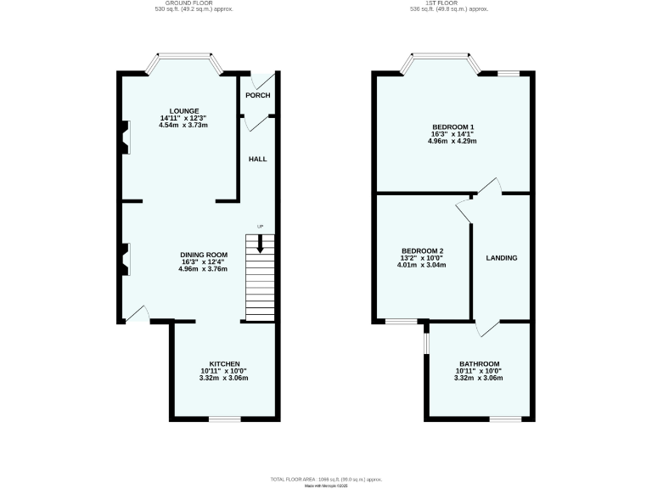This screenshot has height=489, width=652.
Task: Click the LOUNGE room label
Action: click(183, 111)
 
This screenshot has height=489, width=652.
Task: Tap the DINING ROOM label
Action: click(204, 254)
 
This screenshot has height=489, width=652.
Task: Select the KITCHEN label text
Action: click(225, 363)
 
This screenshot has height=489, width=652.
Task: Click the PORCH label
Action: click(257, 95)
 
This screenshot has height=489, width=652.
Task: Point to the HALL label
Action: click(257, 159)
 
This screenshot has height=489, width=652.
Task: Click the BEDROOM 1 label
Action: click(452, 127)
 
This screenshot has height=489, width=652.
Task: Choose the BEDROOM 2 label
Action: click(422, 250)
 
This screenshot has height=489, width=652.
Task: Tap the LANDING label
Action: click(501, 258)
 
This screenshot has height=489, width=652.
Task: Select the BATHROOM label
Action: click(480, 363)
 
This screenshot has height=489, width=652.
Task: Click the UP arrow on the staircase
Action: click(260, 244)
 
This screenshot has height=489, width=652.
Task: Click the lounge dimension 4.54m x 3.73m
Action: click(183, 125)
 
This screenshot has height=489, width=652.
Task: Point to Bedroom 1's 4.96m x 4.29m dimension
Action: click(452, 141)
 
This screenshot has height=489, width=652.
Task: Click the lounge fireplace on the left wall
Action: click(124, 137)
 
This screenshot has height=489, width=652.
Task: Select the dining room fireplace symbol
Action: click(124, 260)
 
